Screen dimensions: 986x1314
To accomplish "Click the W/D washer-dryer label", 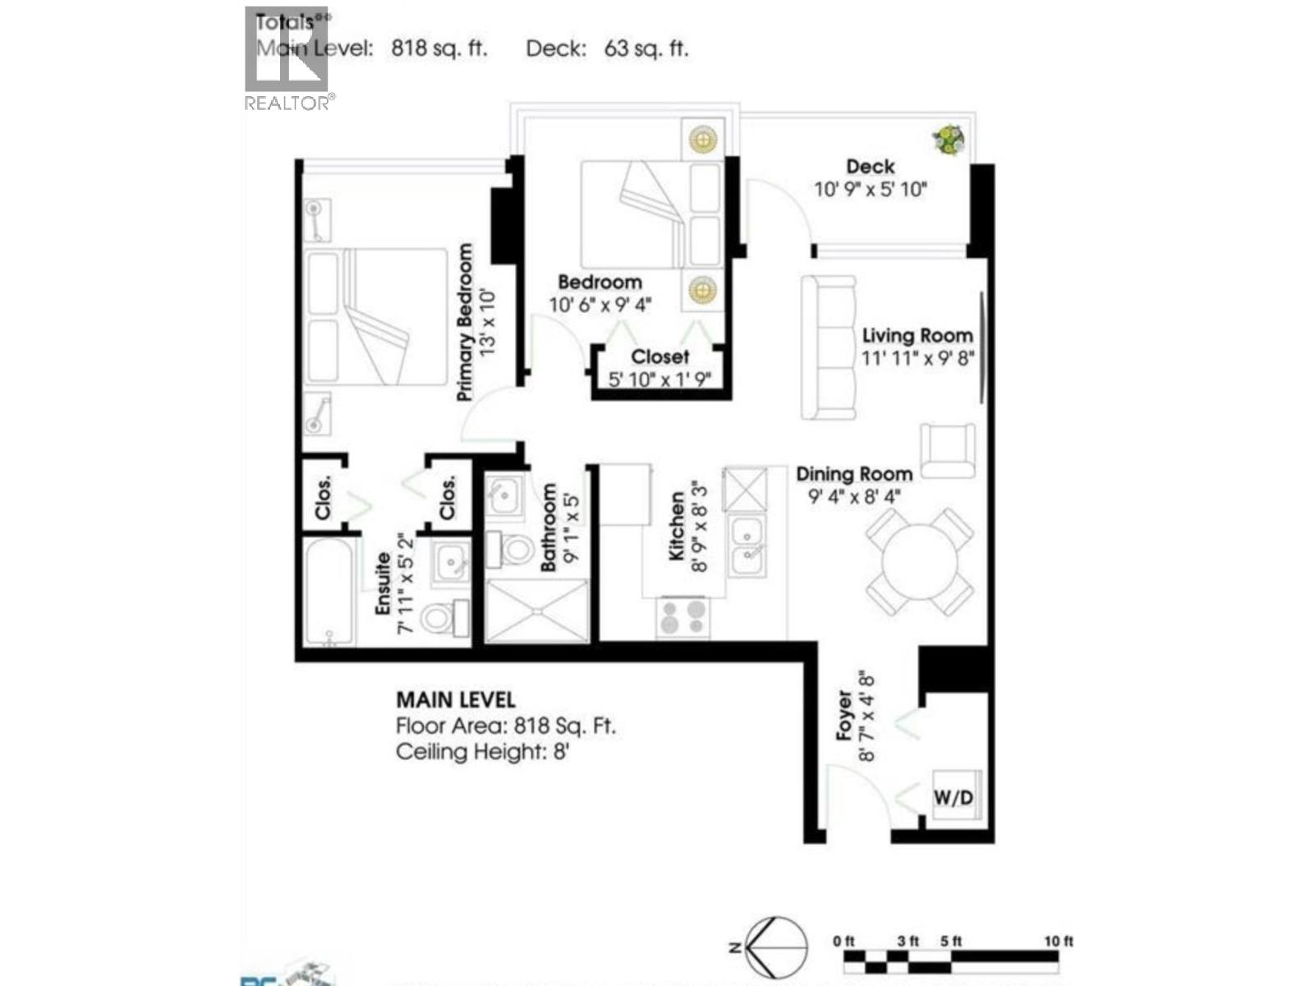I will (x=953, y=797).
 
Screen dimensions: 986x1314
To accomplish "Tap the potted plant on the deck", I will (x=949, y=141).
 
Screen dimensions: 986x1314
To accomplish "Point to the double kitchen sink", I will (x=748, y=545).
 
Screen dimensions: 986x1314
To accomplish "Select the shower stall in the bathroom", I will (x=537, y=610).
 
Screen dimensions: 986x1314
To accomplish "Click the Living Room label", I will (x=917, y=335).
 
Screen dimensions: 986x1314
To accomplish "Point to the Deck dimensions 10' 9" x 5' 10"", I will (x=870, y=190).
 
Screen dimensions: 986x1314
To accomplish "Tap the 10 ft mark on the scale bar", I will (x=1058, y=942).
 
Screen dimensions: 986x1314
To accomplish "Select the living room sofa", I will (x=828, y=348).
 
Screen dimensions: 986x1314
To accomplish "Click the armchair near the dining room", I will (x=948, y=451).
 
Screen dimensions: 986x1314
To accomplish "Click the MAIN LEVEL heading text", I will (x=455, y=700).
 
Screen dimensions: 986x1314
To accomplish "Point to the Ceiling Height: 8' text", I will (x=482, y=752).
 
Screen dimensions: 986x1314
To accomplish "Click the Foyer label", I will (x=844, y=716).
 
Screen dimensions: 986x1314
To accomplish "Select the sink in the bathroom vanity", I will (x=503, y=495).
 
